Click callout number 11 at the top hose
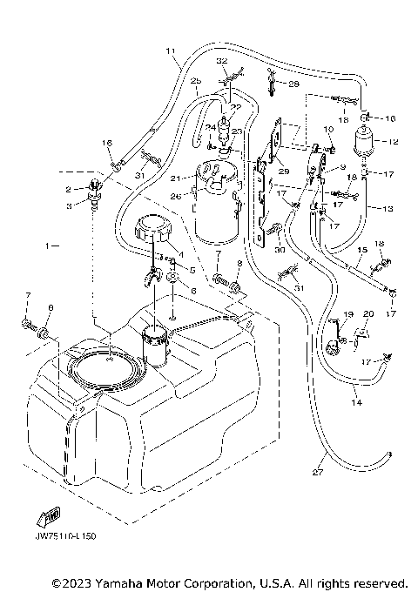(169, 50)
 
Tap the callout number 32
(221, 61)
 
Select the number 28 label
(293, 84)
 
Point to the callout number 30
(280, 249)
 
